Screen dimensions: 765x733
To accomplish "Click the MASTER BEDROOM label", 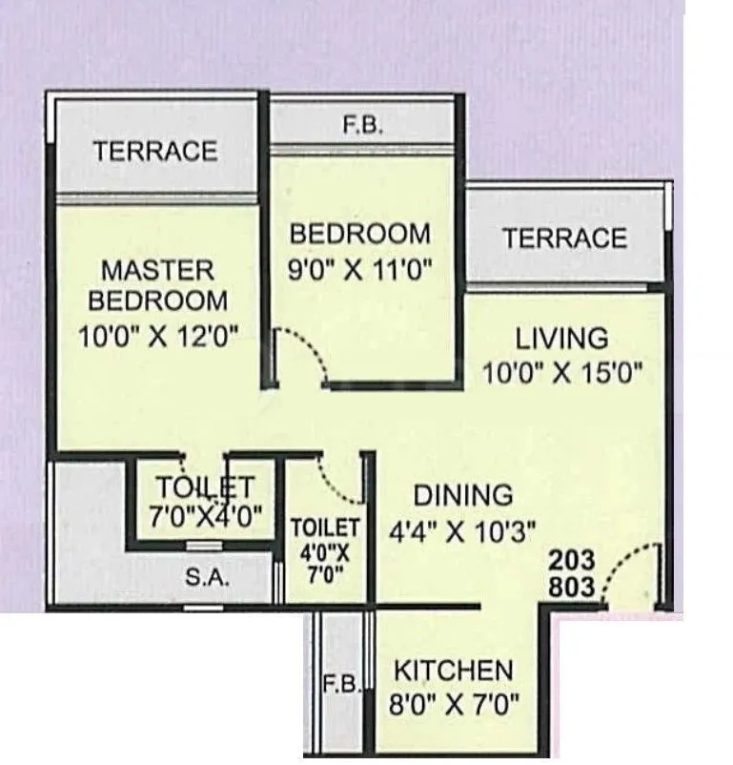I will pyautogui.click(x=158, y=284).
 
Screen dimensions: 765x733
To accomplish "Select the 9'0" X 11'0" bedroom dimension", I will pyautogui.click(x=360, y=270).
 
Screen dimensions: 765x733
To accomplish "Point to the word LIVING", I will pyautogui.click(x=561, y=338).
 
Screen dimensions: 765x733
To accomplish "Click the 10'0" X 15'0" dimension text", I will pyautogui.click(x=561, y=372).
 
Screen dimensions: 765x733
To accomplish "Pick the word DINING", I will pyautogui.click(x=462, y=495).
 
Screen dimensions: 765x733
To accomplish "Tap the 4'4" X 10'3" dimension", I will pyautogui.click(x=462, y=530).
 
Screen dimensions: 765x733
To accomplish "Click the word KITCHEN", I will pyautogui.click(x=453, y=670).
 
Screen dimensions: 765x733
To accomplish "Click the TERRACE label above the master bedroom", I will pyautogui.click(x=155, y=151).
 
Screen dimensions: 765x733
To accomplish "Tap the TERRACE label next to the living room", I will pyautogui.click(x=564, y=238).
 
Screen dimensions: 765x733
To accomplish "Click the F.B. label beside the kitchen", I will pyautogui.click(x=341, y=685).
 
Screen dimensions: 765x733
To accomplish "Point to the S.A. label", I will pyautogui.click(x=204, y=578).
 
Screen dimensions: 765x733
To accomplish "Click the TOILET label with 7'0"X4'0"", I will pyautogui.click(x=205, y=486).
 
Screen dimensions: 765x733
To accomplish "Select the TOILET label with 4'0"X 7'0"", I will pyautogui.click(x=325, y=527).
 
